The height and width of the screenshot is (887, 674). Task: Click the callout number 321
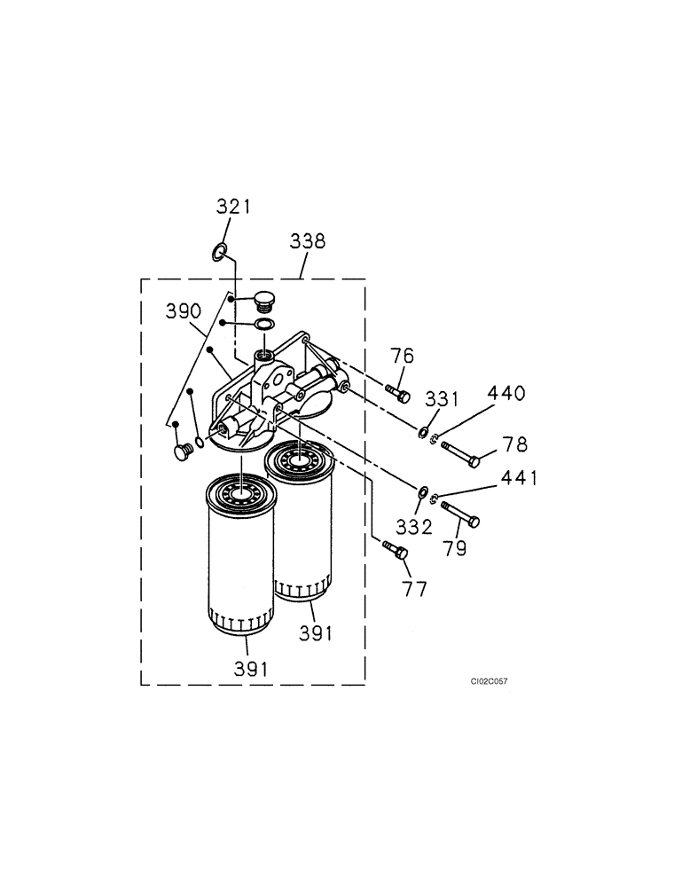tap(234, 207)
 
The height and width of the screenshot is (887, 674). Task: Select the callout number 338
tap(307, 240)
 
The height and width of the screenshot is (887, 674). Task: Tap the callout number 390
tap(184, 310)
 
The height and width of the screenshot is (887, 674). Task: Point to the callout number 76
tap(403, 357)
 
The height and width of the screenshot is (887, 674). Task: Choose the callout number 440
tap(505, 393)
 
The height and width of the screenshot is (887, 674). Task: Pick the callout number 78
tap(514, 444)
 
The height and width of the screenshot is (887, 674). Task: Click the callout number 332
tap(414, 528)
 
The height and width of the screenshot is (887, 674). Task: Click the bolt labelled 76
tap(397, 393)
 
